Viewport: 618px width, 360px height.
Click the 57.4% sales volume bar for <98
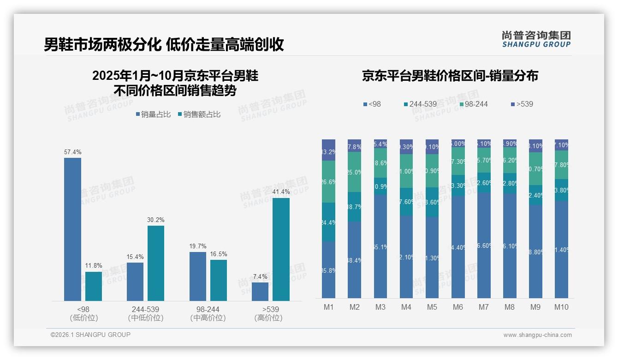click(x=72, y=229)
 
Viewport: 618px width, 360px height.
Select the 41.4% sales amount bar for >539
click(x=281, y=249)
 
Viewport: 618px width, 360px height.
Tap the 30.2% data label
click(x=156, y=220)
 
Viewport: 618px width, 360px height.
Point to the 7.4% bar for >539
click(x=260, y=292)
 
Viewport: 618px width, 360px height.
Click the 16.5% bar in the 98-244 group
click(x=219, y=280)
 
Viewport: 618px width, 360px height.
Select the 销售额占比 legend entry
click(x=199, y=114)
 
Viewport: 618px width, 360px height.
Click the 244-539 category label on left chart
click(x=145, y=309)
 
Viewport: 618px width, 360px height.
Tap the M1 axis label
click(x=328, y=307)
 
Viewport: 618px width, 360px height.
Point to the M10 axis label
click(x=561, y=307)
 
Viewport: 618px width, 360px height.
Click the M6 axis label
click(x=458, y=307)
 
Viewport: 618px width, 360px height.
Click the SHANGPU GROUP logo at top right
click(x=536, y=39)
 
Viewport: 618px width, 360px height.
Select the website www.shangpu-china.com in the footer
click(x=537, y=335)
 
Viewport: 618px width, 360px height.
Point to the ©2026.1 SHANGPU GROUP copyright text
click(x=90, y=335)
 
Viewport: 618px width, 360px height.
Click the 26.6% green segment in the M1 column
click(x=328, y=182)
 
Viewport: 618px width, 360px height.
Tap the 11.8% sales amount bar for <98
click(x=94, y=286)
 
